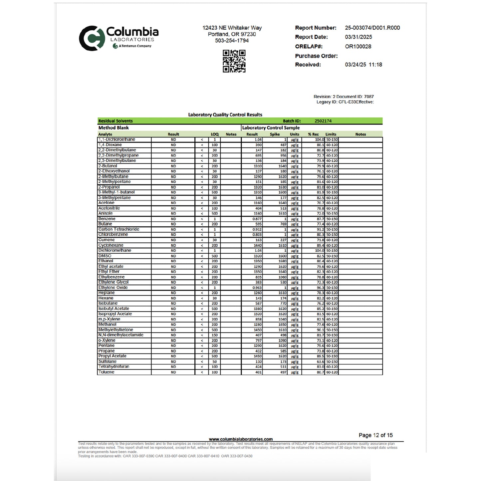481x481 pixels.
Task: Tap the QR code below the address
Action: [234, 61]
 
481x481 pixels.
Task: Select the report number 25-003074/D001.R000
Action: [372, 28]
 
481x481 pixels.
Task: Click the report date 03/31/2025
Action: [358, 37]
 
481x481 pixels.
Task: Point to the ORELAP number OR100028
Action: [358, 47]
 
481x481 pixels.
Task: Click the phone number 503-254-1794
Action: [232, 41]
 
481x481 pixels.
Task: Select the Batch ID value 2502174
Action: [323, 121]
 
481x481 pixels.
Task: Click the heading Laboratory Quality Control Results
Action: [225, 115]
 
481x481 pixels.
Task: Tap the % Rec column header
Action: [313, 134]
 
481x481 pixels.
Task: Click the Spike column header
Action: [275, 134]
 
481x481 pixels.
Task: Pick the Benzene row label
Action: [107, 219]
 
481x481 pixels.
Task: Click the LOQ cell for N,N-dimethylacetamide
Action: [215, 335]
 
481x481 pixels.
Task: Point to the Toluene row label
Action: [106, 372]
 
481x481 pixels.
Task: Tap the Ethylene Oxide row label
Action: [113, 288]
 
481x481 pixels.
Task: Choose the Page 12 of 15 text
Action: [375, 435]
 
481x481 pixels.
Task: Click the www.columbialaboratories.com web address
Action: [241, 439]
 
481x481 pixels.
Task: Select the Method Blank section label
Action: [114, 128]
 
